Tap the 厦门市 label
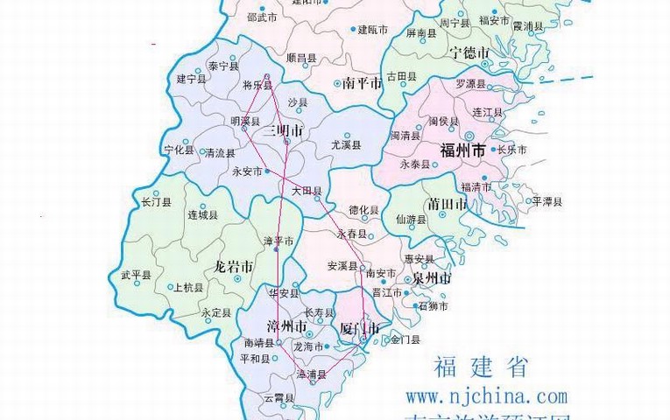(359, 329)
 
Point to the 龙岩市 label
(234, 266)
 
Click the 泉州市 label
(432, 278)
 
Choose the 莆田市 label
(448, 204)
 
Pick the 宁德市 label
(469, 53)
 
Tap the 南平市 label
(363, 84)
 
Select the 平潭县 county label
(547, 201)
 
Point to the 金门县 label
(406, 339)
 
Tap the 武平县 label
(136, 275)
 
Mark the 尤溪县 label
(346, 143)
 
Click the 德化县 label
(363, 210)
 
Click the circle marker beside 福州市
(470, 136)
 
